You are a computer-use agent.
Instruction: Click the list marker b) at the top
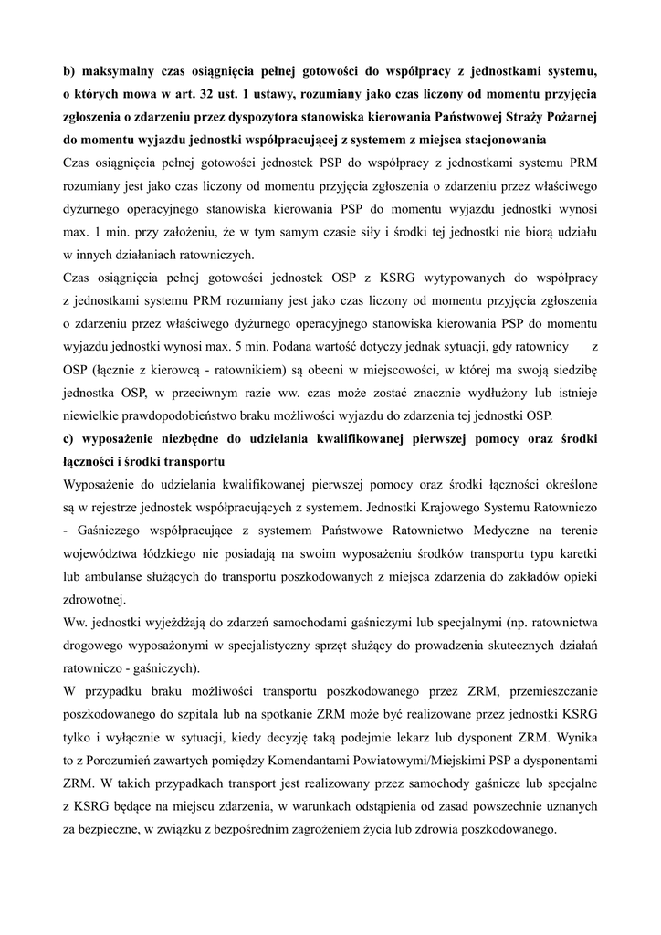(68, 70)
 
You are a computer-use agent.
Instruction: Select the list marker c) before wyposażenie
(68, 439)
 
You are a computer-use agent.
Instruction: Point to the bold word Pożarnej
(565, 118)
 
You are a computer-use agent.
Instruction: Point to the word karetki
(576, 556)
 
